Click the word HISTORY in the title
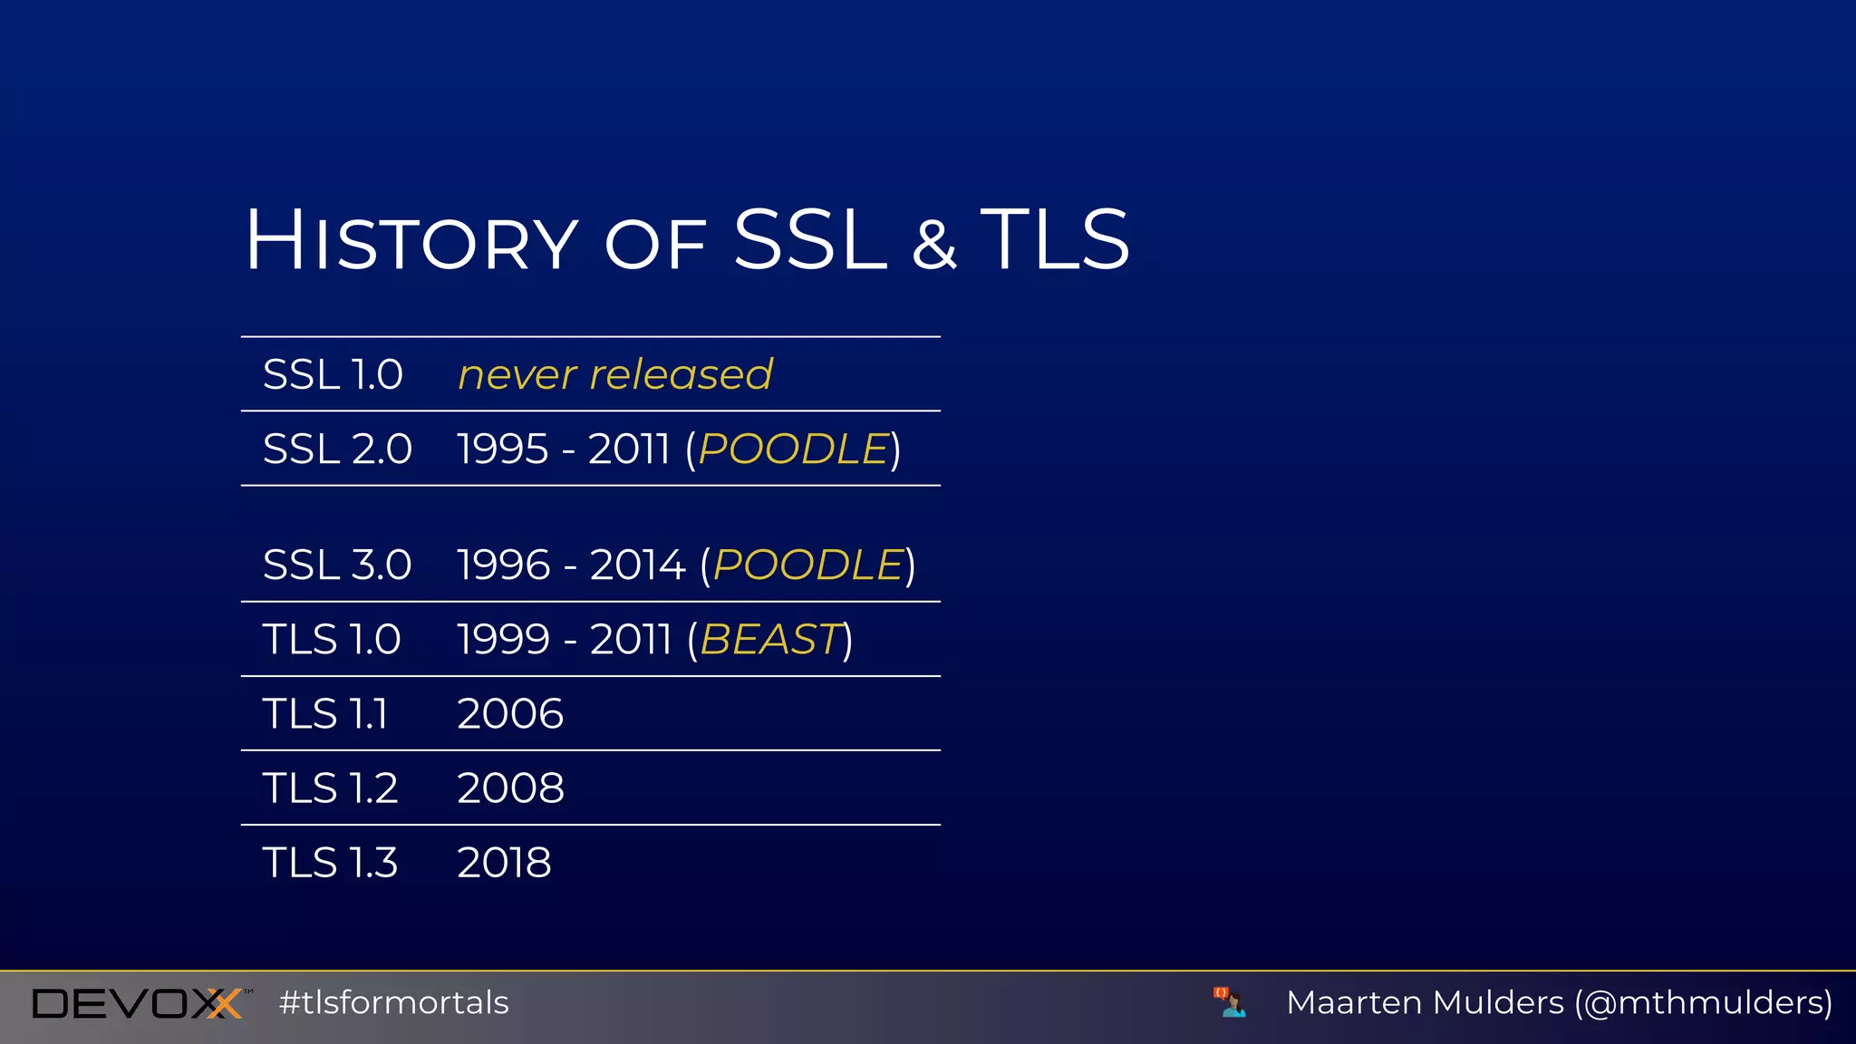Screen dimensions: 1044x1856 412,241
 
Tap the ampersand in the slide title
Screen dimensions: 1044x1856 933,244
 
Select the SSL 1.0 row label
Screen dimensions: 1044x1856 333,375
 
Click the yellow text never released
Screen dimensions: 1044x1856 615,375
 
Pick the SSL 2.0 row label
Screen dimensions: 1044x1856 337,449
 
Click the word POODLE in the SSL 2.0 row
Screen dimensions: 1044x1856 793,449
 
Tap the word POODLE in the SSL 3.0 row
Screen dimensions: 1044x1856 808,565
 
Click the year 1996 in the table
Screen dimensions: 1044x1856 503,565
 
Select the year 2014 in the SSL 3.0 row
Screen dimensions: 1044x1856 637,565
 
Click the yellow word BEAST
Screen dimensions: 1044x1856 770,640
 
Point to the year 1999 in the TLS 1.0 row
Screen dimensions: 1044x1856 503,640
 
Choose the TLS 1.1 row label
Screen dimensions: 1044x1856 325,714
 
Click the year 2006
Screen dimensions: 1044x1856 510,714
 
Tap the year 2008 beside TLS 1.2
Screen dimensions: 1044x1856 510,788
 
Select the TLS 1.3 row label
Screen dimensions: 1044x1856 330,863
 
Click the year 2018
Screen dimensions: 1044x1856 504,863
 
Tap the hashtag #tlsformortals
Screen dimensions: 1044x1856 394,1003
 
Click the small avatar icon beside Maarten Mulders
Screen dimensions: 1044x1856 1230,1002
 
